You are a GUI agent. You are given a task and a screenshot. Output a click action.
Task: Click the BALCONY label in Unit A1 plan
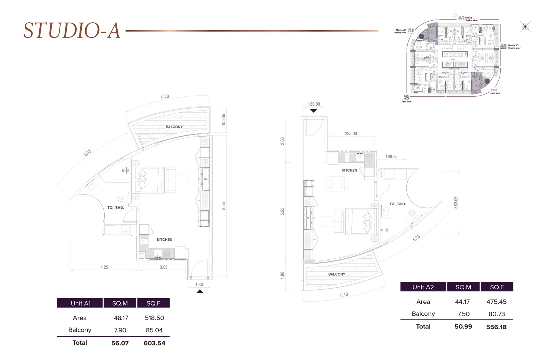point(174,127)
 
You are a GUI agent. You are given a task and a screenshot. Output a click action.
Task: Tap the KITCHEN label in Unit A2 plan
point(349,170)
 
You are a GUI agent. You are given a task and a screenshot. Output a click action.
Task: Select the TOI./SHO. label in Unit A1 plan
point(116,208)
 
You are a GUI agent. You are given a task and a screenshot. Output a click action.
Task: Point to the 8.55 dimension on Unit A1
point(223,206)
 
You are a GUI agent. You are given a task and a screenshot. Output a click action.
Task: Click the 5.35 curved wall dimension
point(87,153)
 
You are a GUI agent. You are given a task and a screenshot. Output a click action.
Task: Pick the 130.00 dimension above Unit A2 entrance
point(314,104)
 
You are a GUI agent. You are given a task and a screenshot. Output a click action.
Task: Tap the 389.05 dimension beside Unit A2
point(456,202)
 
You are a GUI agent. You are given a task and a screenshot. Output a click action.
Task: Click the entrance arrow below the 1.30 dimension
point(200,292)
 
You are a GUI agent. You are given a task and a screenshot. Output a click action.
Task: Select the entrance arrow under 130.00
point(314,111)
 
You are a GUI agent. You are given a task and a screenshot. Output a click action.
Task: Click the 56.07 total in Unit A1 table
point(120,343)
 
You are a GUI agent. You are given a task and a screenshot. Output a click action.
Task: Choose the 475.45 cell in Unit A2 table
point(496,302)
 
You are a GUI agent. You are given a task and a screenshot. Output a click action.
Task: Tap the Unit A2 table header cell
point(423,287)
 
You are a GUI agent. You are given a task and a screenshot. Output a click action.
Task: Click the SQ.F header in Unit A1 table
point(153,303)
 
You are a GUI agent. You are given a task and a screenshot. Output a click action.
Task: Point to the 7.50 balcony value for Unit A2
point(463,314)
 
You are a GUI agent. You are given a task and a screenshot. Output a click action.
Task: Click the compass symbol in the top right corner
point(525,27)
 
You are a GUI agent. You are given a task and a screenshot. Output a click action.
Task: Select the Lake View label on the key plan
point(495,93)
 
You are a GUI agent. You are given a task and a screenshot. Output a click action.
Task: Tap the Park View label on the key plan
point(407,102)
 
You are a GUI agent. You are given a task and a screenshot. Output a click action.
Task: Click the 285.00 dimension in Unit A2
point(351,134)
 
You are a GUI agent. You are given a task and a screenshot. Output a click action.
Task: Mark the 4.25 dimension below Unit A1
point(104,267)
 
